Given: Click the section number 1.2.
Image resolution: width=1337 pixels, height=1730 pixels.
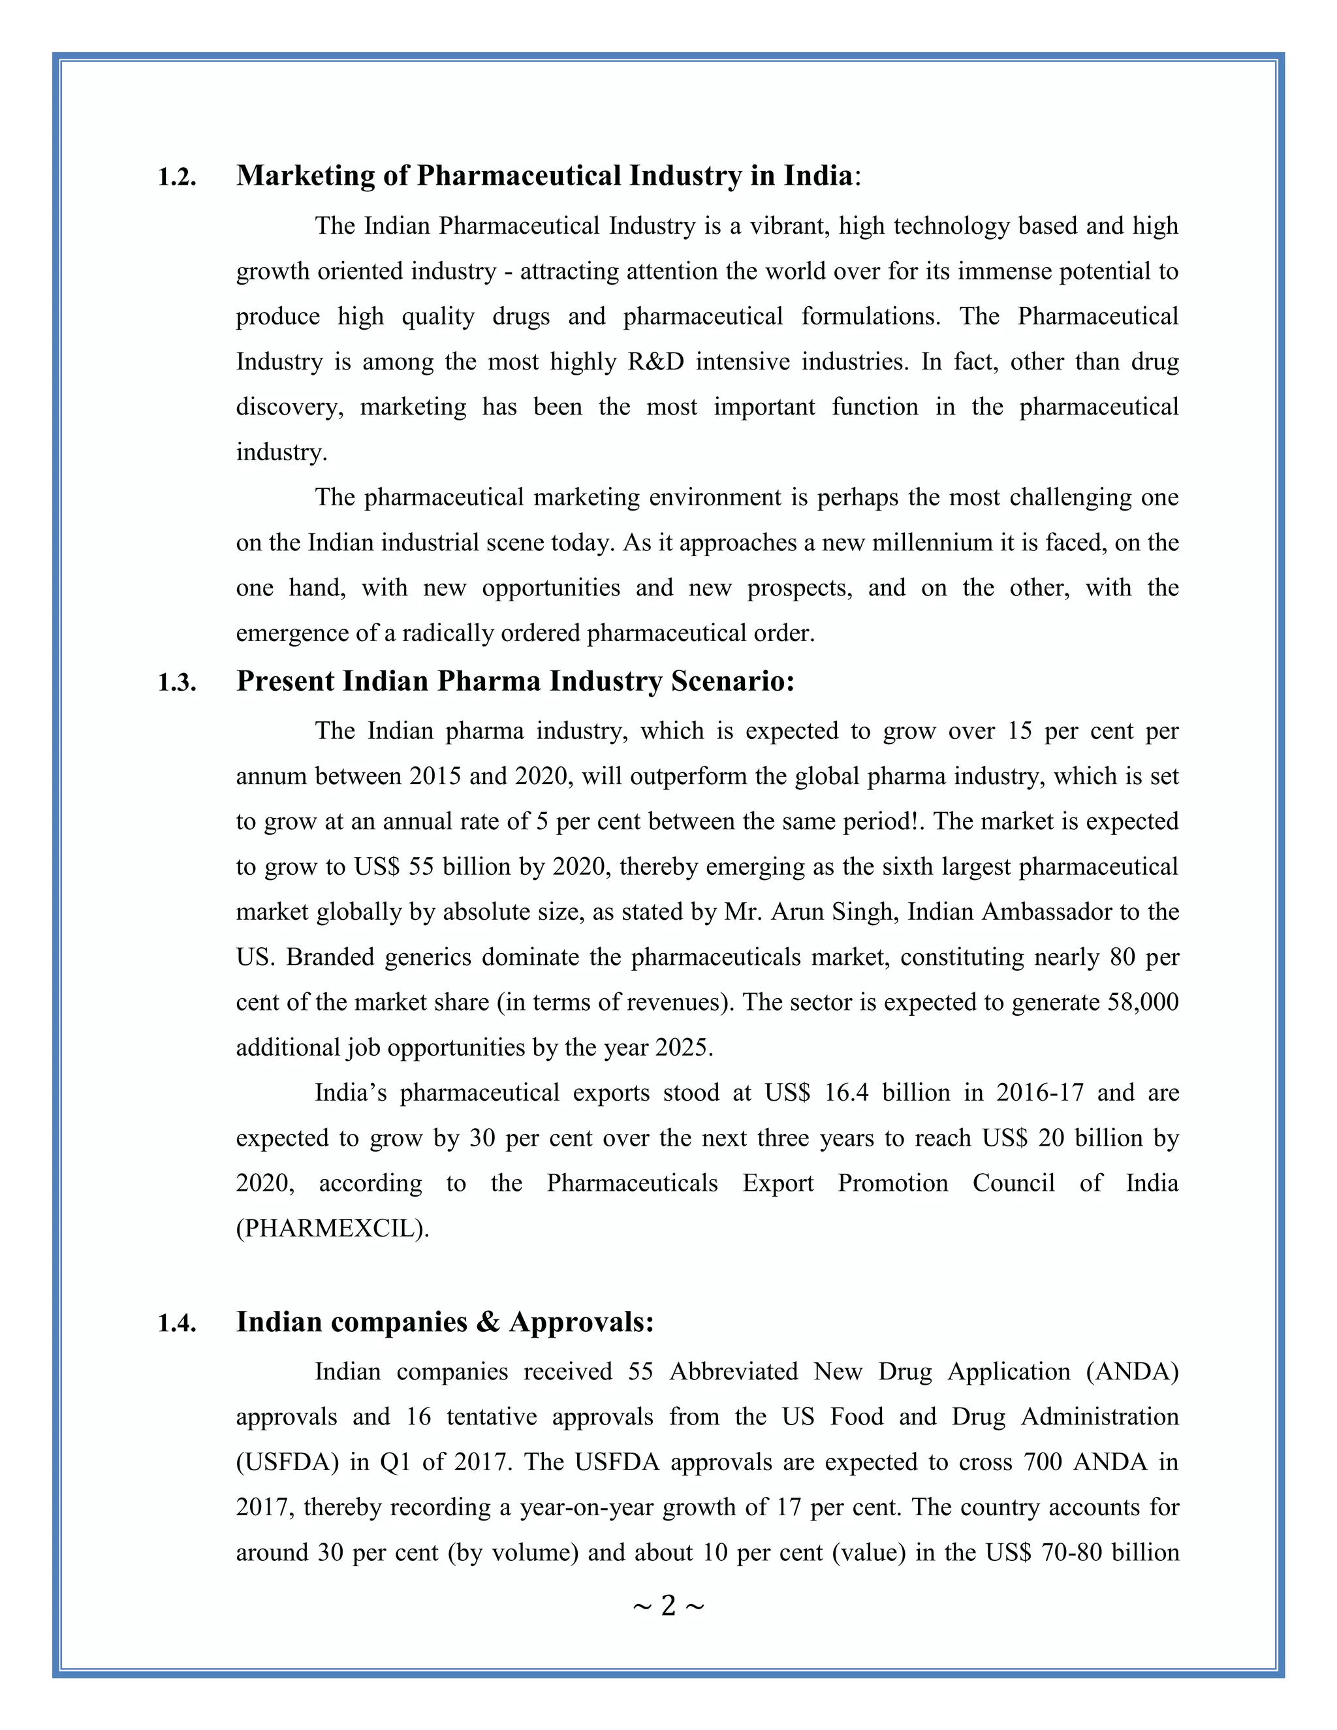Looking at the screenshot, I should point(177,178).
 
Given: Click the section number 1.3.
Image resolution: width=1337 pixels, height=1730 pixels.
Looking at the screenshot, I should point(177,683).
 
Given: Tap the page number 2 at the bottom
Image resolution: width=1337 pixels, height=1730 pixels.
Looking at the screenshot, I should point(668,1606).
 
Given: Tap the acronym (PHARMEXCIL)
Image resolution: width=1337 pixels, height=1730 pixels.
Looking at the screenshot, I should point(333,1229).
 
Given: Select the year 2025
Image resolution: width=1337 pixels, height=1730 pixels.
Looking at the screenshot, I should point(682,1048).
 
